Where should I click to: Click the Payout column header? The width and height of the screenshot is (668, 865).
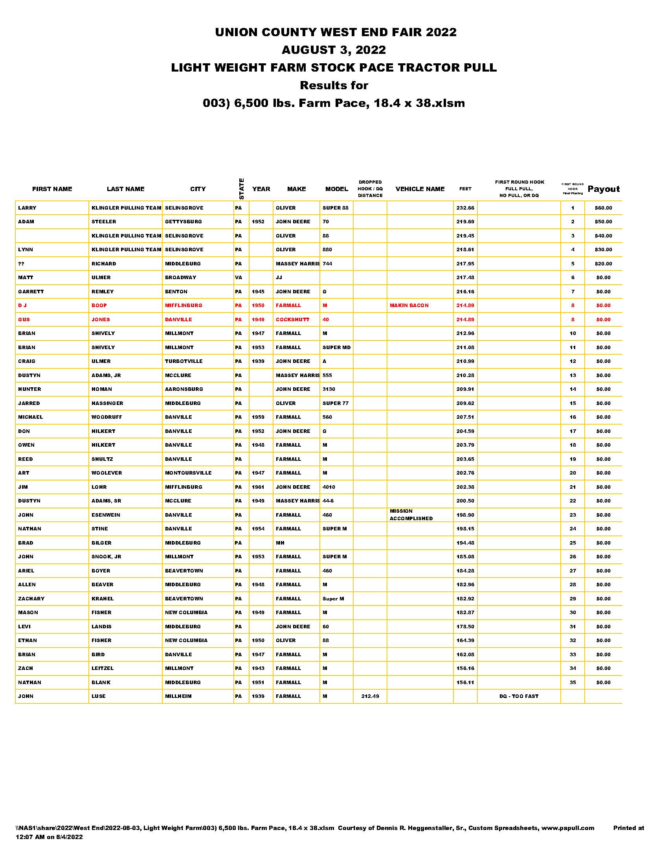(x=604, y=189)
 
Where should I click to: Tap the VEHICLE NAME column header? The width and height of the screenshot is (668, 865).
(x=420, y=189)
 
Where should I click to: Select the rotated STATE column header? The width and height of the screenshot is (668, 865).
(x=241, y=189)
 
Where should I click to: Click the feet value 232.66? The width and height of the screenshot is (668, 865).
(x=465, y=208)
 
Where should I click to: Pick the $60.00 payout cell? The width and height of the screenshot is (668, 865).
(x=603, y=208)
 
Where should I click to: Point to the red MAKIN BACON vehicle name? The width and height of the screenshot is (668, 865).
(x=409, y=306)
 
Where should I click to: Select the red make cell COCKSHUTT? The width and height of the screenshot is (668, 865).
(x=292, y=320)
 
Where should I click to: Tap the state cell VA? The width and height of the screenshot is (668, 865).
(x=238, y=278)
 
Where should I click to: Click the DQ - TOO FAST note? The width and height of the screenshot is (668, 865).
(x=519, y=696)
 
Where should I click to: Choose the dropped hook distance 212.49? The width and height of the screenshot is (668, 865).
(x=370, y=696)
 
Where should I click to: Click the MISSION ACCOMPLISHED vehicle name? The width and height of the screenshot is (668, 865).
(x=411, y=515)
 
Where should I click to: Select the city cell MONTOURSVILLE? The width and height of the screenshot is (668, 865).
(x=188, y=473)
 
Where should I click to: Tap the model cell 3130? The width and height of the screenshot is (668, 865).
(x=328, y=389)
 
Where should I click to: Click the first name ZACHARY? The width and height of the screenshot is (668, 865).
(x=31, y=598)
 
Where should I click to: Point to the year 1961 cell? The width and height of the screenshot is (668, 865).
(x=258, y=487)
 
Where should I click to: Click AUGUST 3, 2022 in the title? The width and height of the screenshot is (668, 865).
(x=334, y=50)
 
